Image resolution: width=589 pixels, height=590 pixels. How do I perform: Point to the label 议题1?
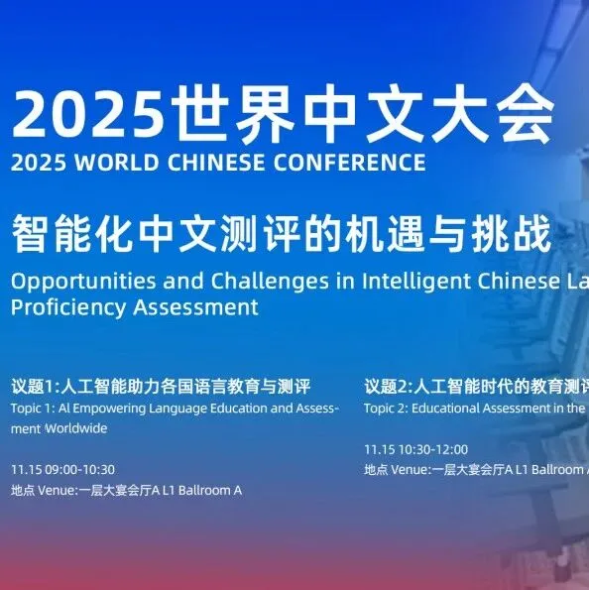36,386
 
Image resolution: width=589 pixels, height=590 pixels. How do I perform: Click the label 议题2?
389,386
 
